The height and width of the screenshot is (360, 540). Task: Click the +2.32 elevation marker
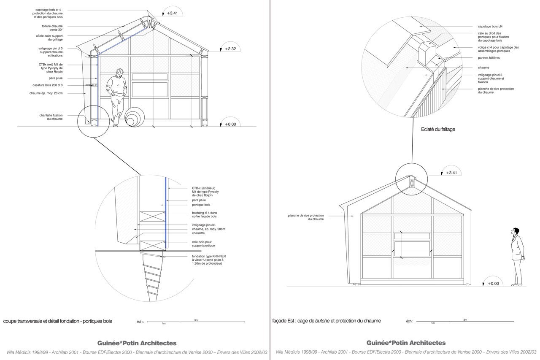[x=230, y=49]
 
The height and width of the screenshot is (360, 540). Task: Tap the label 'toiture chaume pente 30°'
[x=52, y=28]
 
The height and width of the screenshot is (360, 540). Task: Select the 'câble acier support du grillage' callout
[x=49, y=38]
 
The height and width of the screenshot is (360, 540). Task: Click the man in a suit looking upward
[x=517, y=257]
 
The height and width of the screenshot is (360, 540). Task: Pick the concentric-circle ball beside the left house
[x=135, y=117]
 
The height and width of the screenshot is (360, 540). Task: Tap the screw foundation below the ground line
[x=152, y=276]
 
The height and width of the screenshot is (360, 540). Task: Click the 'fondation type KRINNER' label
[x=209, y=260]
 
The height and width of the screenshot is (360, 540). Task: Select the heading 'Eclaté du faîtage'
[x=438, y=129]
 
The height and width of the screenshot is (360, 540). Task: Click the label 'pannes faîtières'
[x=489, y=58]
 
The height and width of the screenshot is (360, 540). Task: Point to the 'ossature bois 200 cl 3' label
[x=48, y=85]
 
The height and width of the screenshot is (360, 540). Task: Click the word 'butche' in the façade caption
[x=322, y=321]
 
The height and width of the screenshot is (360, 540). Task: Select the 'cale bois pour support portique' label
[x=203, y=244]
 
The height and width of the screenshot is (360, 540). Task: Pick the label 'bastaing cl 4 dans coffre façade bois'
[x=205, y=214]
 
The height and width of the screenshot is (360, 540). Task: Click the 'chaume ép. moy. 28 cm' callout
[x=46, y=93]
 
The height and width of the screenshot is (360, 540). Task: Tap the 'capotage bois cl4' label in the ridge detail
[x=490, y=27]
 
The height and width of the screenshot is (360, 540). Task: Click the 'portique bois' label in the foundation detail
[x=201, y=205]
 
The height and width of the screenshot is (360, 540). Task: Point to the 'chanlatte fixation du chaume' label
[x=51, y=117]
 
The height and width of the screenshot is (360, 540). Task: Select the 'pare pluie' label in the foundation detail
[x=199, y=200]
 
